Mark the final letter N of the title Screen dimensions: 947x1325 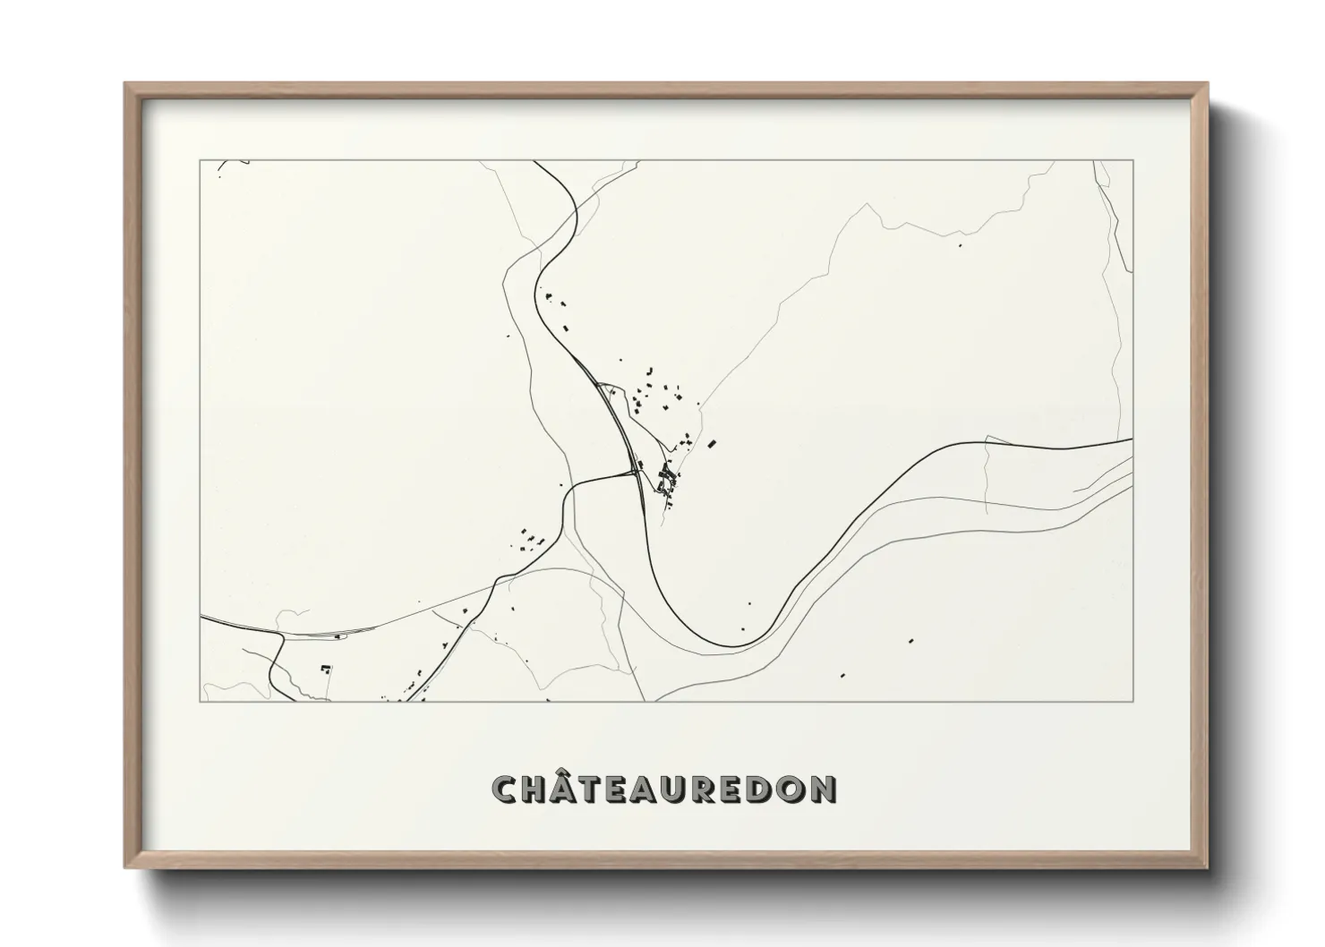pyautogui.click(x=825, y=789)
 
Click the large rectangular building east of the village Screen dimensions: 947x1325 pyautogui.click(x=713, y=443)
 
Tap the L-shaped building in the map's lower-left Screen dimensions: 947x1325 pyautogui.click(x=326, y=668)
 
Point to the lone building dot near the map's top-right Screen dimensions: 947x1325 pyautogui.click(x=961, y=243)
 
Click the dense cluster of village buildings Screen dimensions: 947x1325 pyautogui.click(x=666, y=478)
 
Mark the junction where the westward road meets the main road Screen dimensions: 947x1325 pyautogui.click(x=632, y=472)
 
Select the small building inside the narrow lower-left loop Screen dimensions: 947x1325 pyautogui.click(x=338, y=636)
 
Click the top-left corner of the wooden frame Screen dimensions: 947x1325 pyautogui.click(x=125, y=83)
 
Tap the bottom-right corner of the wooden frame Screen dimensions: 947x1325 pyautogui.click(x=1207, y=868)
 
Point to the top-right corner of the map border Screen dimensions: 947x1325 pyautogui.click(x=1133, y=160)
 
